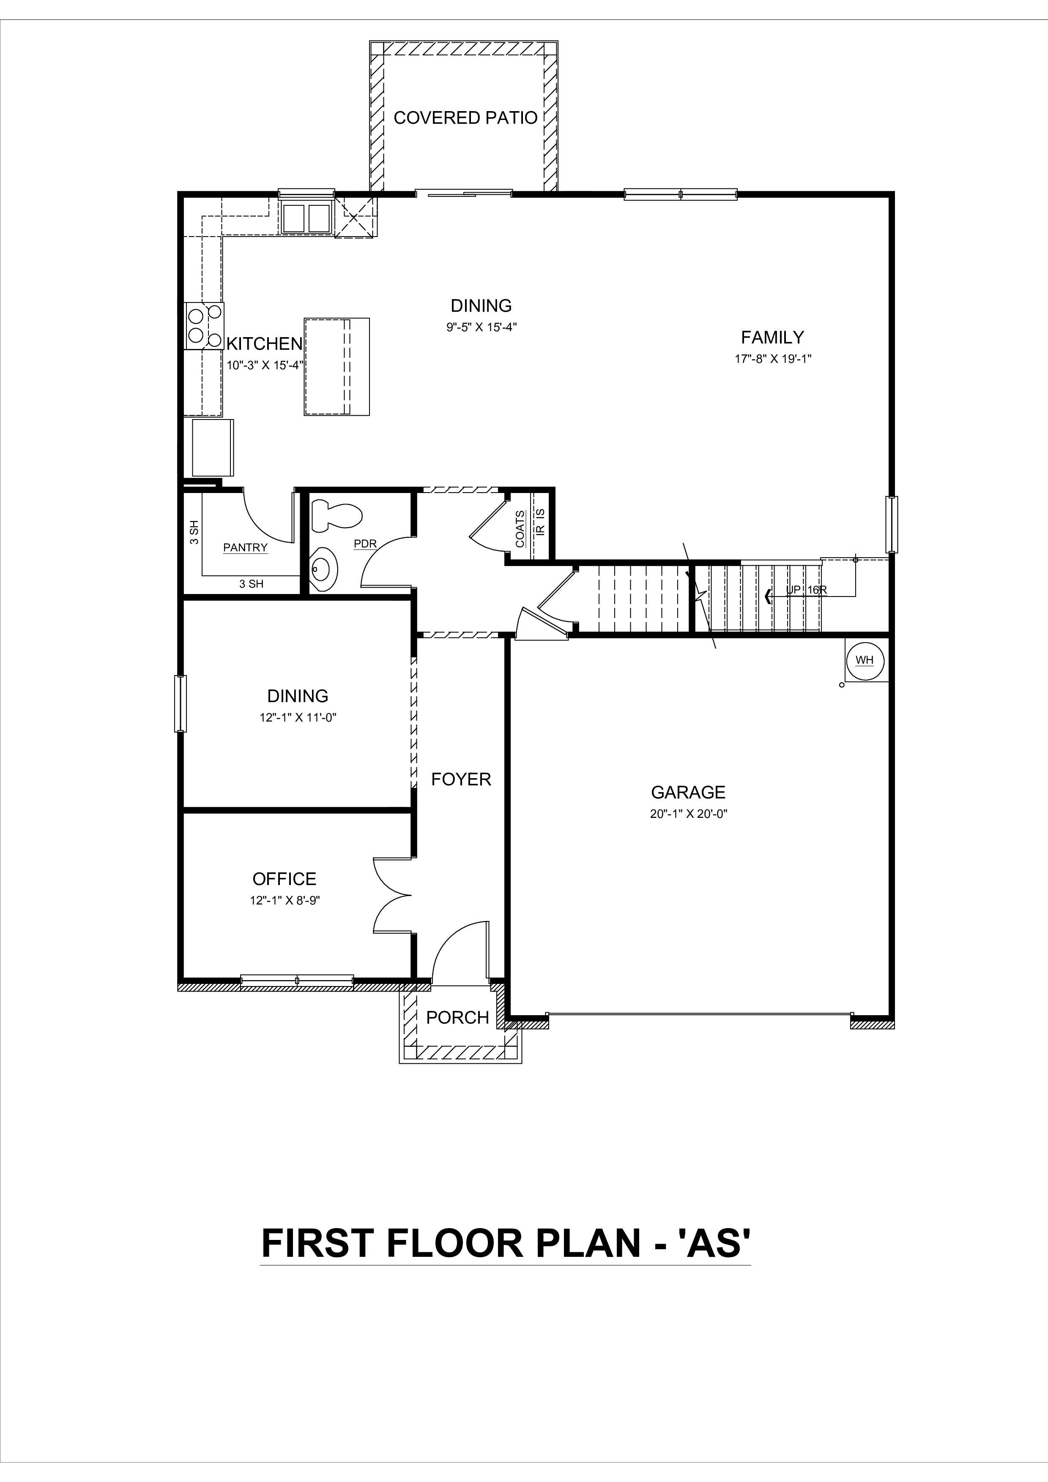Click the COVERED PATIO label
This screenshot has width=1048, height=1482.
(x=465, y=118)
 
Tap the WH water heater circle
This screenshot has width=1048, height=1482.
(x=865, y=660)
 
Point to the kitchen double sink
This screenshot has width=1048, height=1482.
(x=307, y=218)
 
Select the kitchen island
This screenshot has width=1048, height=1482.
(x=337, y=366)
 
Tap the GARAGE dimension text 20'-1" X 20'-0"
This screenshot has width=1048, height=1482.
(x=688, y=814)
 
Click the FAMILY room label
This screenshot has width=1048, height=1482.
(x=772, y=338)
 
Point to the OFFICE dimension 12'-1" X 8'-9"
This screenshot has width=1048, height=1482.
(x=285, y=900)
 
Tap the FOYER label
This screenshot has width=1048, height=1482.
(x=461, y=780)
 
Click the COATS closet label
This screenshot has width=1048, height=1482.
(x=520, y=529)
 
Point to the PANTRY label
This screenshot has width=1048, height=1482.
(x=245, y=548)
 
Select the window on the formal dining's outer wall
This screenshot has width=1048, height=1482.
(x=180, y=703)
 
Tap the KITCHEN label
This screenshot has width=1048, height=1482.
(x=264, y=344)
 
